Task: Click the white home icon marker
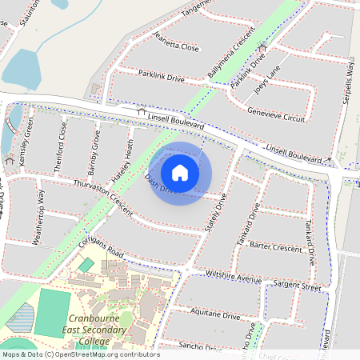[x=180, y=173]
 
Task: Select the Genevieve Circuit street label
[x=278, y=117]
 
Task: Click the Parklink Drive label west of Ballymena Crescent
[x=161, y=78]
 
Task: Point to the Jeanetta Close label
[x=177, y=46]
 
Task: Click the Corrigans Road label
[x=102, y=249]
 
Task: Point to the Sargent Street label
[x=297, y=285]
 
